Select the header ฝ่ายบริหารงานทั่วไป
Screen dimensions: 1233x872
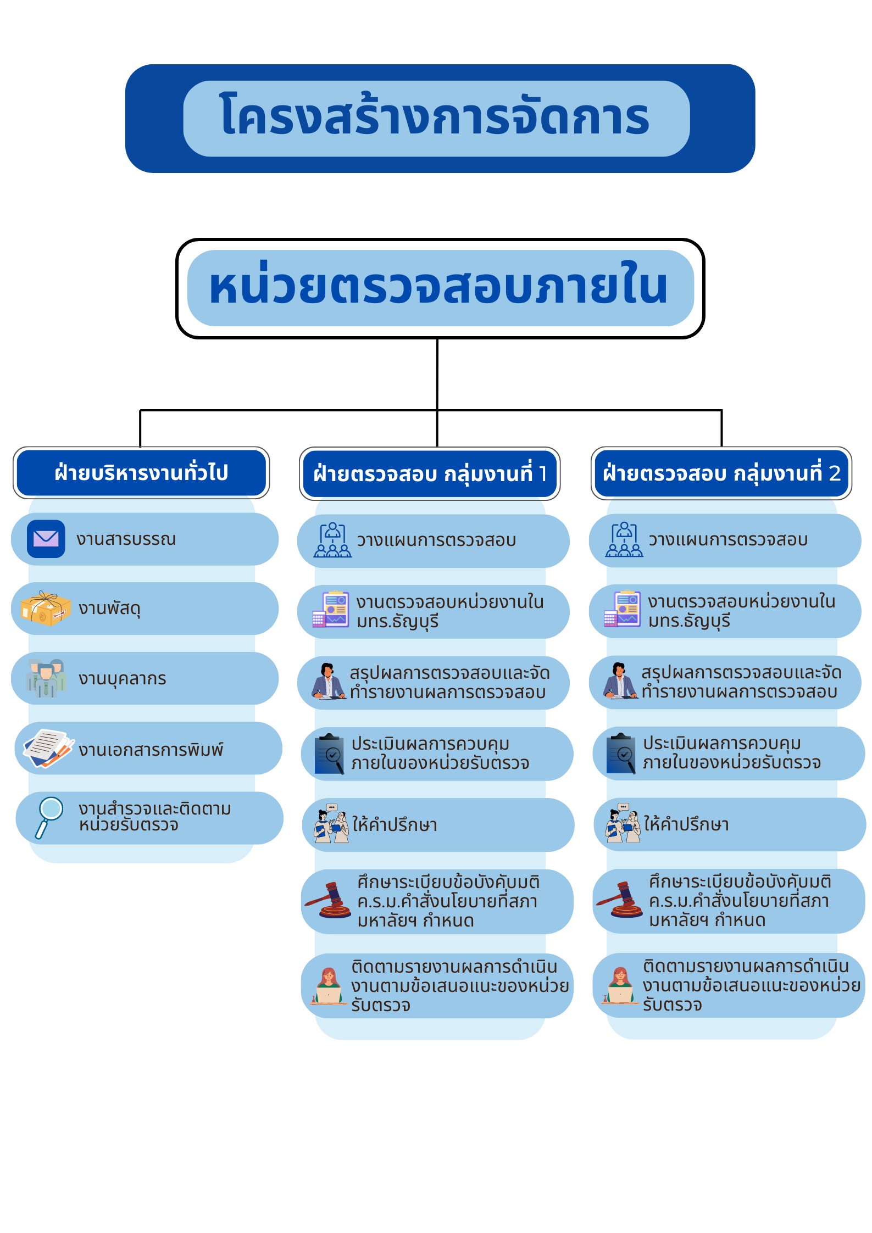141,473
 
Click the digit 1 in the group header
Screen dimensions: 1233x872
543,473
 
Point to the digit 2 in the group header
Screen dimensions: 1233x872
835,473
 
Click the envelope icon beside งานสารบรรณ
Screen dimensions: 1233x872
46,539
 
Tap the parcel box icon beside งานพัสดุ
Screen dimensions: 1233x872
46,609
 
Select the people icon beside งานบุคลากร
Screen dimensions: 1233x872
46,678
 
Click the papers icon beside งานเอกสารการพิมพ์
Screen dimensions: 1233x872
48,748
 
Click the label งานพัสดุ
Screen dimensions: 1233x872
110,609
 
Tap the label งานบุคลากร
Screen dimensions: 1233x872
122,679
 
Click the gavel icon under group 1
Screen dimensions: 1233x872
329,901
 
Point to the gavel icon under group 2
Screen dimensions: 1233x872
620,900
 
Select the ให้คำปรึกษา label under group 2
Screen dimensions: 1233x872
686,824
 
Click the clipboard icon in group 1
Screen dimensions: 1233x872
330,754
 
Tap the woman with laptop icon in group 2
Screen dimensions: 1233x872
620,985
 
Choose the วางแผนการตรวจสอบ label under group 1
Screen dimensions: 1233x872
436,540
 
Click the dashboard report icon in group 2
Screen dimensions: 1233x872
622,610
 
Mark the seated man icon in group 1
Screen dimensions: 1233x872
329,682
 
